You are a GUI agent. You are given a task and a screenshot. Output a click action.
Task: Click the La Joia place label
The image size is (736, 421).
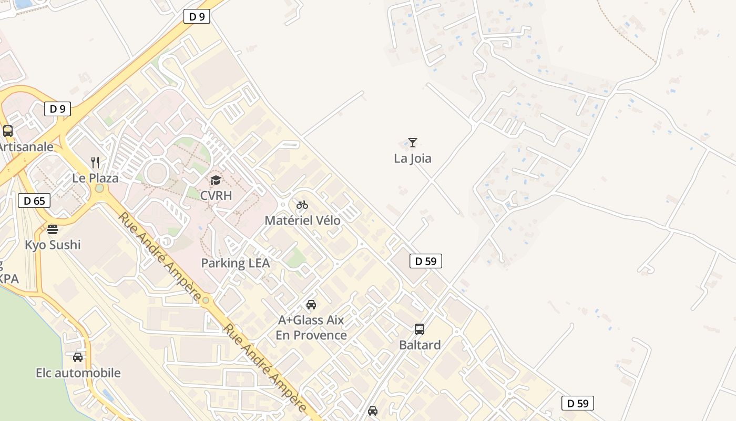413,158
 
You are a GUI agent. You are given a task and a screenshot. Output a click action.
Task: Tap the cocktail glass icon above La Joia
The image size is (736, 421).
413,142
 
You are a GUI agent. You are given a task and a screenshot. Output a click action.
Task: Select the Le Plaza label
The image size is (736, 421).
95,178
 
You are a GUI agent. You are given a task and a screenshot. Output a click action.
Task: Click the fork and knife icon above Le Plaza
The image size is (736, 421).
95,162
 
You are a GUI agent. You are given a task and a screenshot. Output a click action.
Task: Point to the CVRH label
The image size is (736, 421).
216,195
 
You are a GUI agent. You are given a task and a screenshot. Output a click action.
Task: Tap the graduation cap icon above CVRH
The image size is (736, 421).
216,181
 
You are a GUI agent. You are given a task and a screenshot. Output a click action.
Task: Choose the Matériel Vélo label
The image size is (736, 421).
302,220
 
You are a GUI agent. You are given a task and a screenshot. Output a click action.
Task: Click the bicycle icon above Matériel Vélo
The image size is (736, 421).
302,205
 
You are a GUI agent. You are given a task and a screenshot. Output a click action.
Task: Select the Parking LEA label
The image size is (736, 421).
236,263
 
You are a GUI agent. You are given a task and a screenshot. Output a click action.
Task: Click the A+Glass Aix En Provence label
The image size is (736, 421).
311,327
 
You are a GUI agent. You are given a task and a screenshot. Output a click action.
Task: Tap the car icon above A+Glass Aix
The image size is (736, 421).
311,305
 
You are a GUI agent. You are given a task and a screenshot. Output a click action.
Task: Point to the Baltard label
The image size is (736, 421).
420,345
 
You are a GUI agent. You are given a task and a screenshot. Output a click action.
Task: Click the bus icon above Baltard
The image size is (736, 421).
420,329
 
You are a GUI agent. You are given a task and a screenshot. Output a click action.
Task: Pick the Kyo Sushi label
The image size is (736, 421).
53,245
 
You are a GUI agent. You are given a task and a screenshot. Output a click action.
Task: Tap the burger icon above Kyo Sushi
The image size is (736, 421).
53,229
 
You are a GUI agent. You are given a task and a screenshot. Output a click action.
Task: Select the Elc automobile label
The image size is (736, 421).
78,373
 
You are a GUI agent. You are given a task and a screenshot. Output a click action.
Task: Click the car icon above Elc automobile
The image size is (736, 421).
78,357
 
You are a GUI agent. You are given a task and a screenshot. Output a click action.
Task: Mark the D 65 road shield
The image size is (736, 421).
34,201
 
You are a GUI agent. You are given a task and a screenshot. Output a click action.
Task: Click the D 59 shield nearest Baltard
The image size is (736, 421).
425,260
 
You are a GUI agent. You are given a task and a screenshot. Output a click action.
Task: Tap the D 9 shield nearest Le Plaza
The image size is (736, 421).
57,109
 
